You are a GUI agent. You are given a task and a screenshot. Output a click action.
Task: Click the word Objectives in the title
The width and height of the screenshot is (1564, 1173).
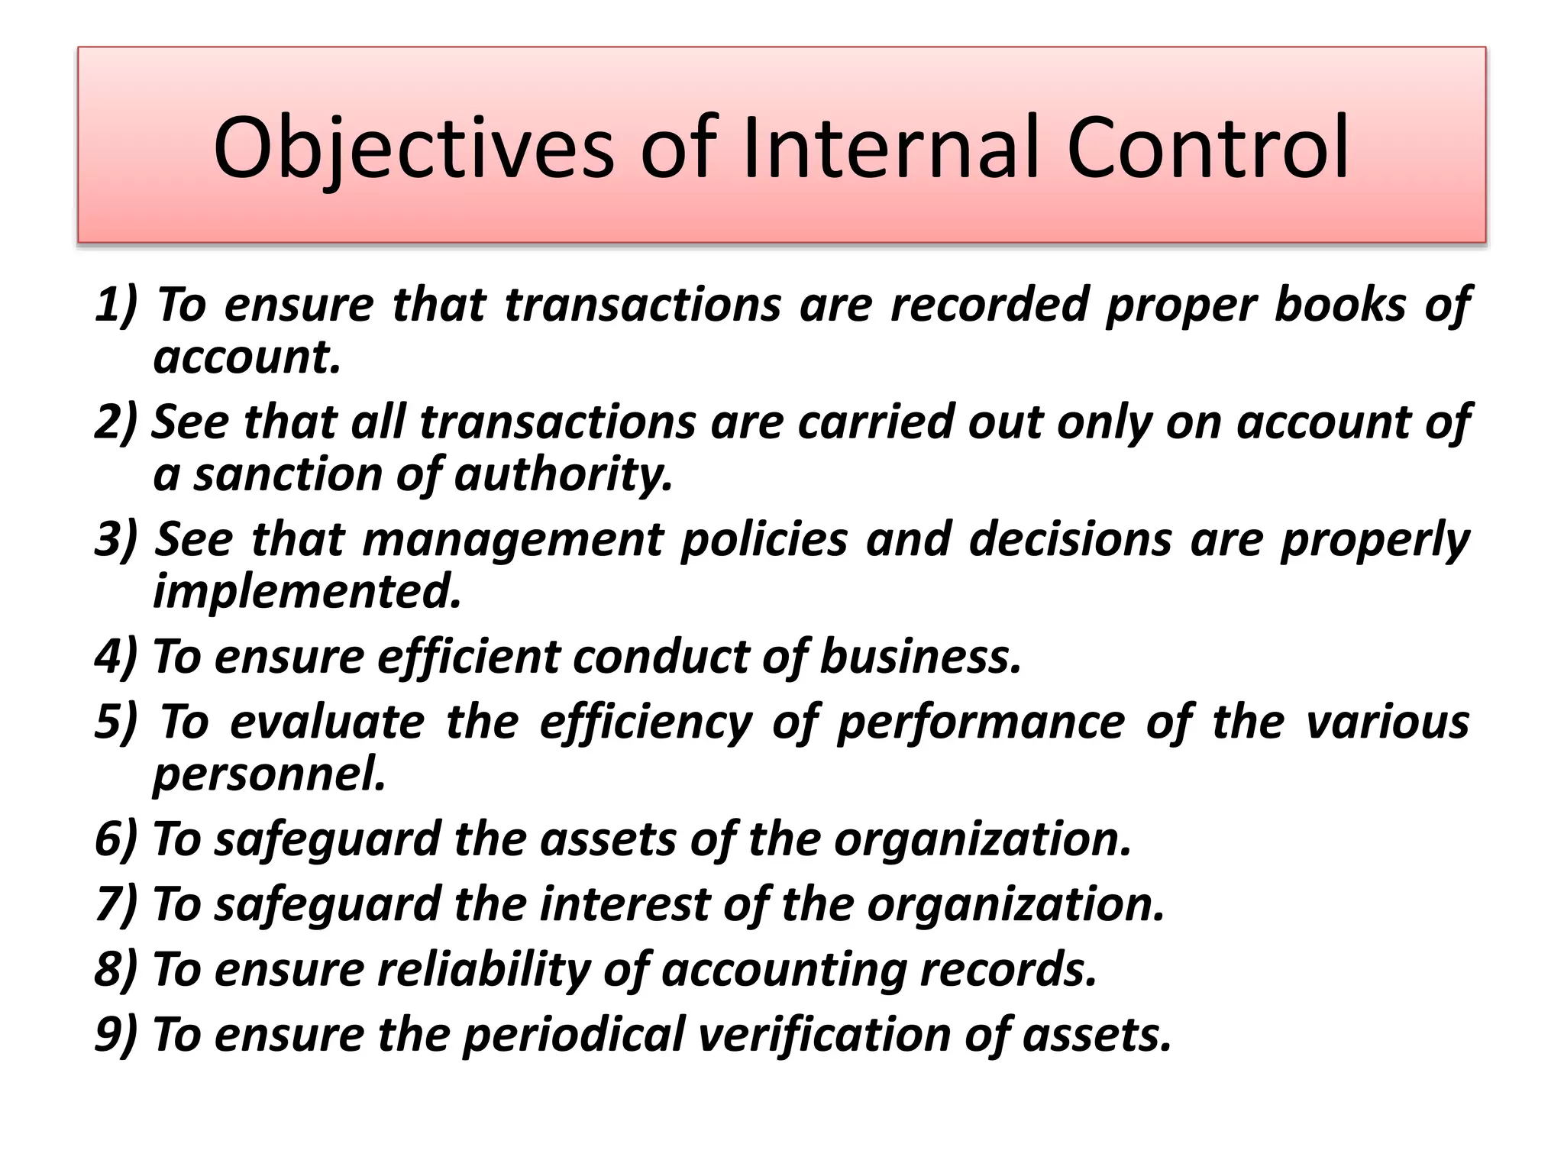[x=413, y=149]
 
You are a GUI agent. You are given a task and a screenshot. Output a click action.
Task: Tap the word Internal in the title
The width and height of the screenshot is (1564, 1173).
[x=890, y=149]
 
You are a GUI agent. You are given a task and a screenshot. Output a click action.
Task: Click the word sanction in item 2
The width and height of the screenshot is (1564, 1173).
[x=286, y=474]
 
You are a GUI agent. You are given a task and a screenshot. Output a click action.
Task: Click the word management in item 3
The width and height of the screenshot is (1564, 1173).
[x=512, y=540]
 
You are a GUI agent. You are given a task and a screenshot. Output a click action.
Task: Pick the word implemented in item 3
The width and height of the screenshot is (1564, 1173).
[x=307, y=591]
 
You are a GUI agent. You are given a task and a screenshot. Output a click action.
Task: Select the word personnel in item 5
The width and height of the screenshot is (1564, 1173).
[x=269, y=774]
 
